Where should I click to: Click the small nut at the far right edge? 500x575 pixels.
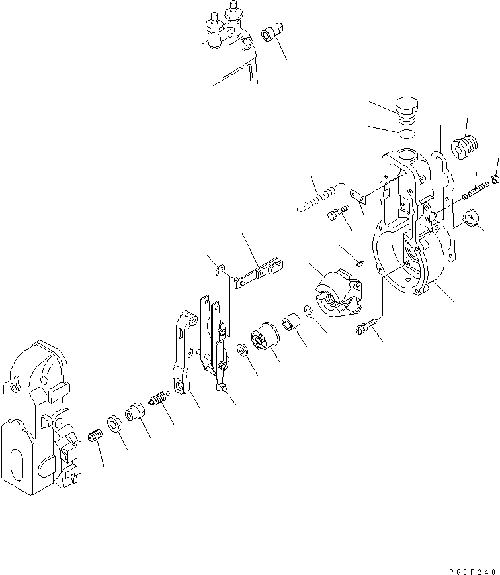click(x=495, y=179)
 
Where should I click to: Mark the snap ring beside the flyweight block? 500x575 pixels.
click(x=310, y=311)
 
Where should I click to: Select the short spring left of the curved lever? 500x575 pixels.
click(x=160, y=400)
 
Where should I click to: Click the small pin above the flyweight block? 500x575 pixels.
click(x=359, y=260)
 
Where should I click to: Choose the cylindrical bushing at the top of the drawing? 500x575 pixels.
click(x=272, y=32)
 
